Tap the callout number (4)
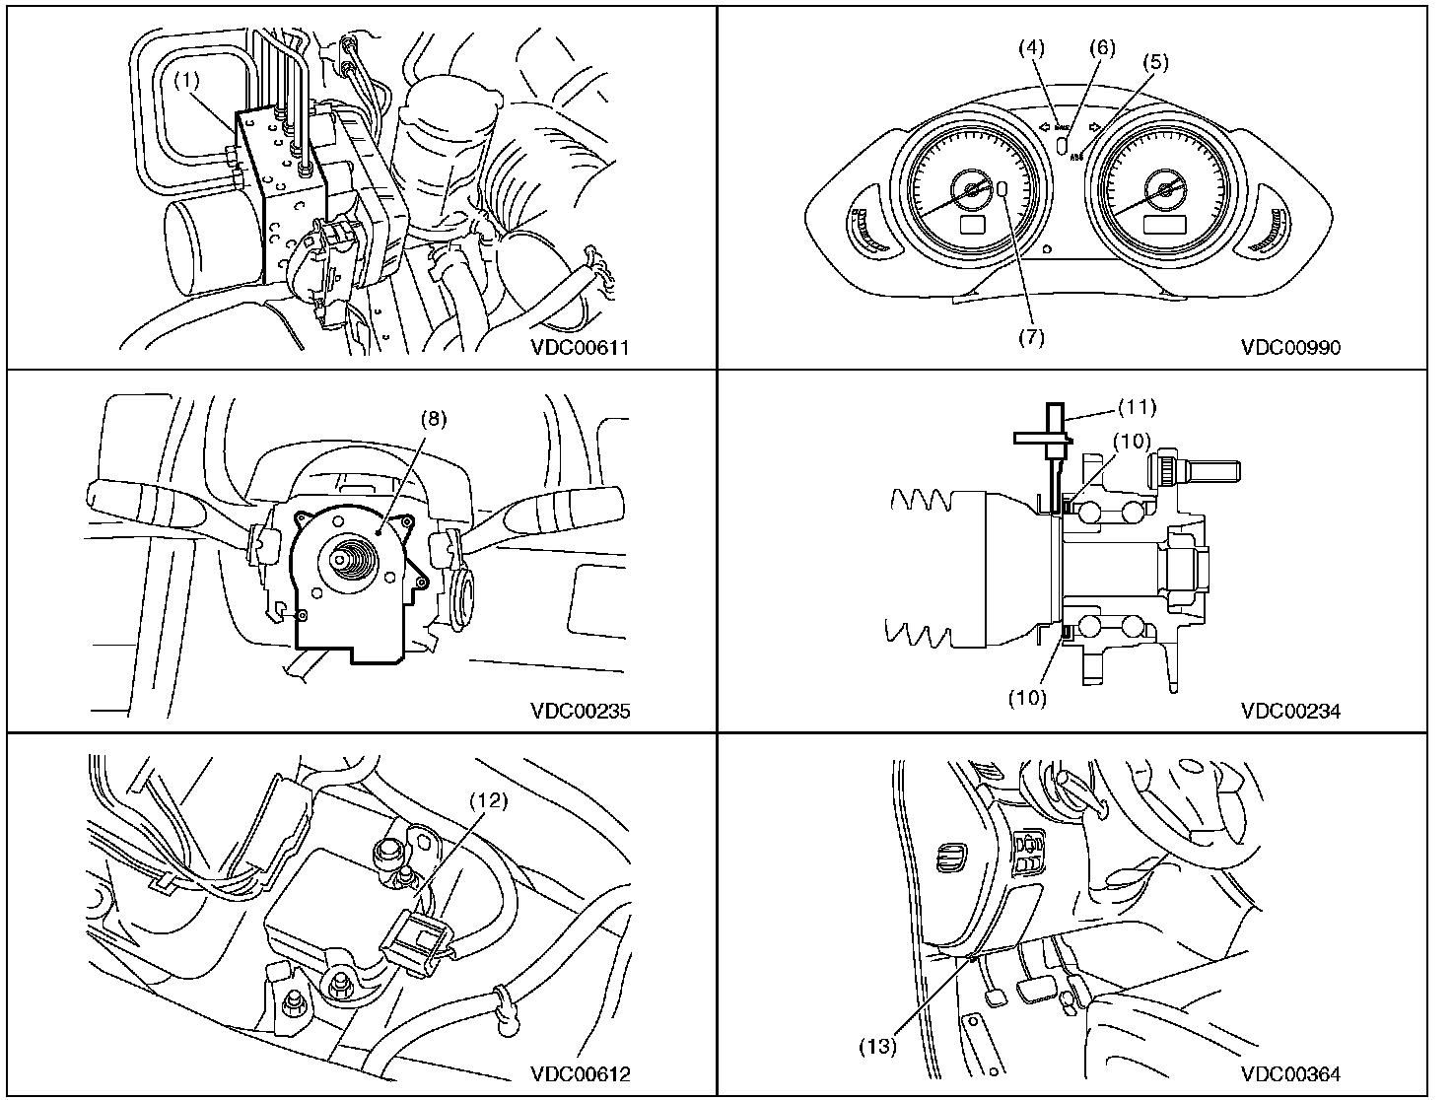tap(1035, 47)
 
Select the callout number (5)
tap(1155, 61)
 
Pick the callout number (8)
tap(434, 418)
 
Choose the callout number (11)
tap(1137, 406)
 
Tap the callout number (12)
tap(489, 801)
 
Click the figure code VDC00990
tap(1290, 347)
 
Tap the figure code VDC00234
tap(1290, 711)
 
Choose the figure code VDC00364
tap(1290, 1074)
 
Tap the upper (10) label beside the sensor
tap(1133, 441)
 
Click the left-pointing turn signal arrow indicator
tap(1045, 126)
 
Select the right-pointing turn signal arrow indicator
tap(1094, 126)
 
